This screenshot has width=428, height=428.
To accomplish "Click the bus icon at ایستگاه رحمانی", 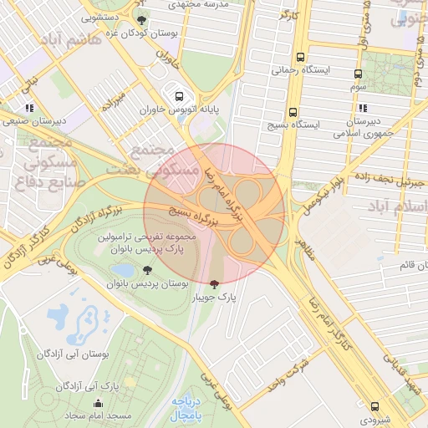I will pos(300,59).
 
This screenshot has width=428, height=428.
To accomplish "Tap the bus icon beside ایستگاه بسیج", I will pos(293,112).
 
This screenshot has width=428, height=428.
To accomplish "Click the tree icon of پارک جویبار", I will pos(217,283).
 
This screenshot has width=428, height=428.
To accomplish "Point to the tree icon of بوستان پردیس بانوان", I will pos(148,270).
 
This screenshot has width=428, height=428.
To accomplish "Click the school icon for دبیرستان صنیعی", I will pos(30,108).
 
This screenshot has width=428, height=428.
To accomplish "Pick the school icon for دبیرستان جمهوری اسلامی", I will pos(363,108).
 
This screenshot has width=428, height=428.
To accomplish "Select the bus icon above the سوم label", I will pos(359,74).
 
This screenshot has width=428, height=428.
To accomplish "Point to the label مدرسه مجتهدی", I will pos(201,4).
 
